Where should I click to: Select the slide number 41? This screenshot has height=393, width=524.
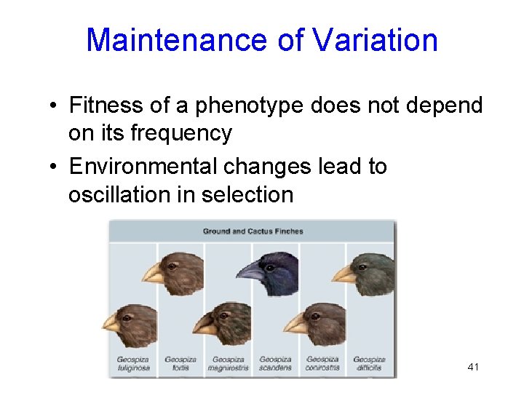pyautogui.click(x=473, y=367)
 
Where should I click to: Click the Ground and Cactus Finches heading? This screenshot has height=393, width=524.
pyautogui.click(x=253, y=231)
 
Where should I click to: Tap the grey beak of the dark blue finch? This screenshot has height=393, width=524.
pyautogui.click(x=250, y=271)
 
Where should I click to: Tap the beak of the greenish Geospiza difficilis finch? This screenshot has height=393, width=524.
pyautogui.click(x=343, y=274)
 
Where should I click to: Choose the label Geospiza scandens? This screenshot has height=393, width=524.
pyautogui.click(x=276, y=363)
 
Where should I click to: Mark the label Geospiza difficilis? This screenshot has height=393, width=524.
pyautogui.click(x=369, y=363)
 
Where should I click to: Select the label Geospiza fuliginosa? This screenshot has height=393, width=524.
pyautogui.click(x=132, y=363)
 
